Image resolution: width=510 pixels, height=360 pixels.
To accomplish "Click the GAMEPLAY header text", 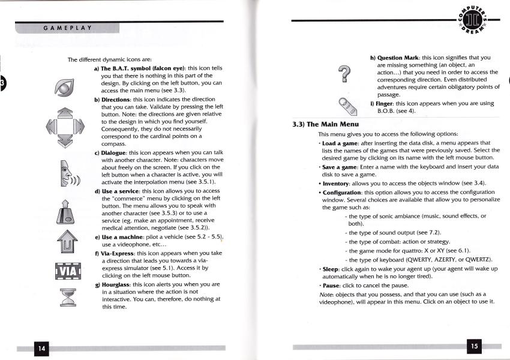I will [x=67, y=28].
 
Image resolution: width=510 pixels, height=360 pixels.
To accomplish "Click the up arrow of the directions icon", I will [x=62, y=114].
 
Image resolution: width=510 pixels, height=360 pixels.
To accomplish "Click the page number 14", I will [x=41, y=348].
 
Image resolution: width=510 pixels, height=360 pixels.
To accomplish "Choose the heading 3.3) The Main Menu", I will [x=324, y=124].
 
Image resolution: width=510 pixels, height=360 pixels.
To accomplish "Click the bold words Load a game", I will [x=340, y=143].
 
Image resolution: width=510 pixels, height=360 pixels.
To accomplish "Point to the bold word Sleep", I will [x=332, y=269].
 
